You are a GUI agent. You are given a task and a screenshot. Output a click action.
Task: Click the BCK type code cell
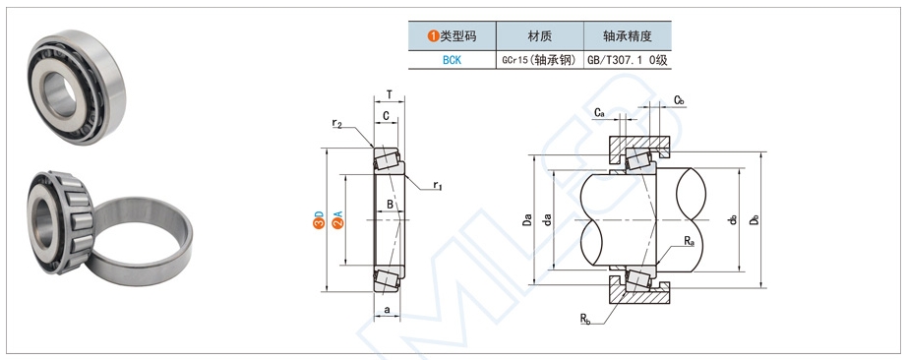click(452, 60)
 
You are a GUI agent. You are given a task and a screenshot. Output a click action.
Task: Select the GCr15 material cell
click(540, 60)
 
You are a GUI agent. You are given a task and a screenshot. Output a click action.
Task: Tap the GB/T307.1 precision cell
click(628, 60)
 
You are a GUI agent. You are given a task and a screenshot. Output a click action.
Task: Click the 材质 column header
click(540, 36)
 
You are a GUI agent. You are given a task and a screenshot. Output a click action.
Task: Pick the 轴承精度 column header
click(628, 36)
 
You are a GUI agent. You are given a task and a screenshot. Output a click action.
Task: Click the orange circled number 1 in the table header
click(433, 36)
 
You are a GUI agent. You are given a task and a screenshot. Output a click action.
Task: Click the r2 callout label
click(336, 123)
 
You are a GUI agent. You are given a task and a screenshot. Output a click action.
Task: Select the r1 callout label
click(438, 186)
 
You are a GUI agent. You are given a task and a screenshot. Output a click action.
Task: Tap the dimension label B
click(390, 205)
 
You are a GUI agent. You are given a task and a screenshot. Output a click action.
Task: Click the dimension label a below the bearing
click(388, 310)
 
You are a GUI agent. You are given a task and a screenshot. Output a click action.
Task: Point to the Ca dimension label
click(599, 113)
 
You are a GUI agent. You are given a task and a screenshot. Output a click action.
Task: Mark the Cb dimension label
click(679, 100)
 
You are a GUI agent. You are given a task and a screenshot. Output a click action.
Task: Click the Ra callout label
click(689, 241)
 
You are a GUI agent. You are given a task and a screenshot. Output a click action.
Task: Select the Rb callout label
click(585, 317)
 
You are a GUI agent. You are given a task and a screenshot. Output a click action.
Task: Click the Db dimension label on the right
click(755, 220)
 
